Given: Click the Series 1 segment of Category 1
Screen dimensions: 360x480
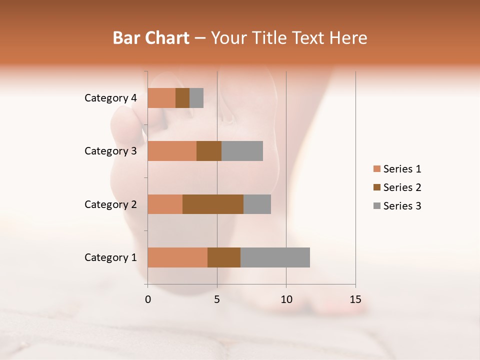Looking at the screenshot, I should click(x=177, y=257).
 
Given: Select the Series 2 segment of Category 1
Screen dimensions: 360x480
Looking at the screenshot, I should click(x=224, y=257).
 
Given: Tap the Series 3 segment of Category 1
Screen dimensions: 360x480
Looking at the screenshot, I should click(x=275, y=257).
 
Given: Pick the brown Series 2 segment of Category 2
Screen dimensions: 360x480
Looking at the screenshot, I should click(x=213, y=204).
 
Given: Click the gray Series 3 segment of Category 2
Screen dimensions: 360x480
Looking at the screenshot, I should click(x=257, y=204).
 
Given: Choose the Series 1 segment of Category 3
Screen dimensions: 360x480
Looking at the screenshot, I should click(x=172, y=151).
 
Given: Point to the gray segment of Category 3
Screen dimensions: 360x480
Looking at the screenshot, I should click(x=242, y=151).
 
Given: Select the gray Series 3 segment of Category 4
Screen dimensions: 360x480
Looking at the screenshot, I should click(x=196, y=98).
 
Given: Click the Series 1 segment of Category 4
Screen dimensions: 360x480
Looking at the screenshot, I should click(x=161, y=98).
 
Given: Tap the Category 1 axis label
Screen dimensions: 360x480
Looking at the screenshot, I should click(x=110, y=257).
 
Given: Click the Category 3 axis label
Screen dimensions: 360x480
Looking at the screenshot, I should click(x=110, y=151).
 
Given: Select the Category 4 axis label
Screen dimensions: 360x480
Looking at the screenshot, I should click(x=110, y=98).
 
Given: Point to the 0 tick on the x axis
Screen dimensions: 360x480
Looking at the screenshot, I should click(x=148, y=299).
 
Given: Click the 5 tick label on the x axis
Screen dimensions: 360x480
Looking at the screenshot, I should click(x=217, y=299).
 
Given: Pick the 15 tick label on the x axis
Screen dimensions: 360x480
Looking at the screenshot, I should click(x=355, y=299).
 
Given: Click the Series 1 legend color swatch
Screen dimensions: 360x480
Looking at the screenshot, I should click(x=376, y=169).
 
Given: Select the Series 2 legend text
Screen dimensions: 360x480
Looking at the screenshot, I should click(x=402, y=187).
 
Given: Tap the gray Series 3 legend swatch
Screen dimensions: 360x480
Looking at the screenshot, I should click(x=376, y=206).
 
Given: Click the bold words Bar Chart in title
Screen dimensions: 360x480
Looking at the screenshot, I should click(x=151, y=37).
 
